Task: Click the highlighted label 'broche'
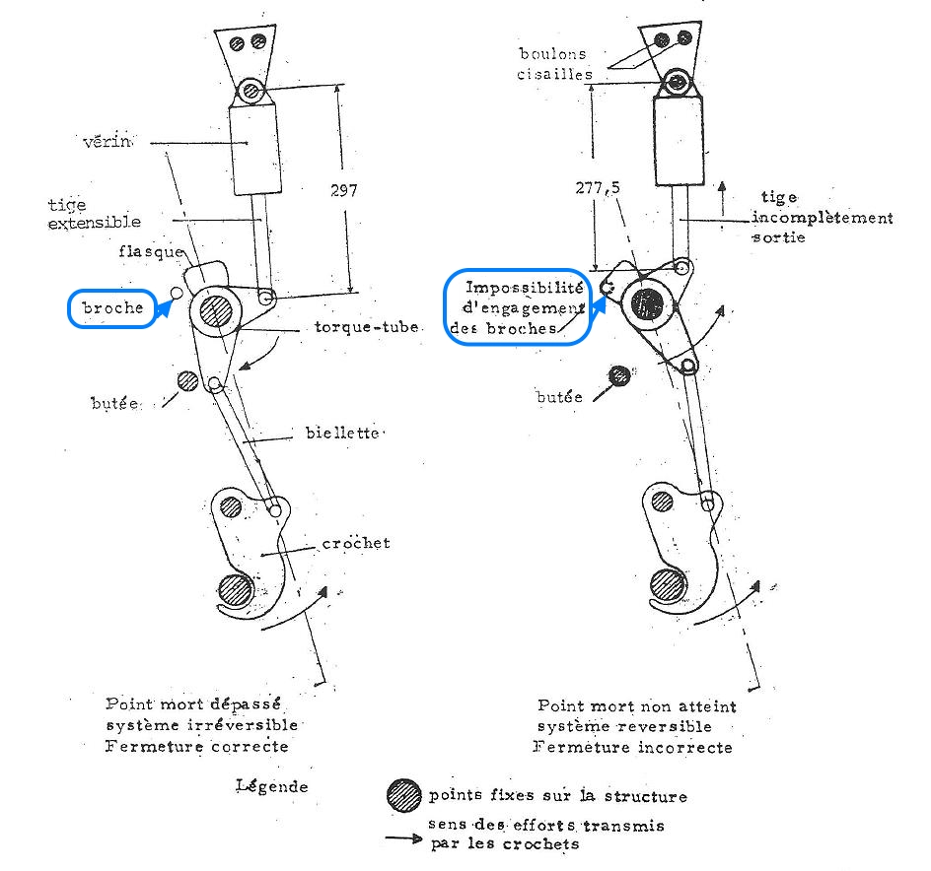112,307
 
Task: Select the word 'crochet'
357,543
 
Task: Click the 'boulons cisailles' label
557,64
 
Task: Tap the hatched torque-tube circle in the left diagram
216,311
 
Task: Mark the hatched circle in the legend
402,794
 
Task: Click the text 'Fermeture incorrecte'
632,747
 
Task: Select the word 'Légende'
271,785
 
